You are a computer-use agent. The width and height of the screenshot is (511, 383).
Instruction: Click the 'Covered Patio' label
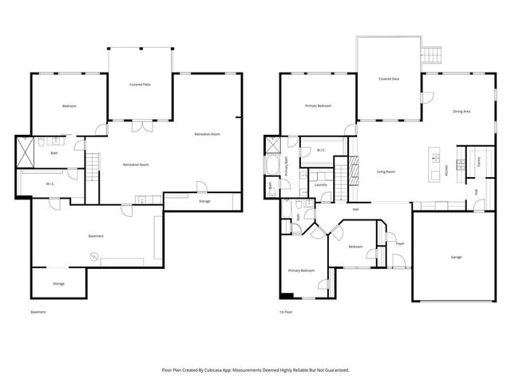pos(141,84)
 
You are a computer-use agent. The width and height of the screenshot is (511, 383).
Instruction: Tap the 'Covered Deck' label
pos(389,79)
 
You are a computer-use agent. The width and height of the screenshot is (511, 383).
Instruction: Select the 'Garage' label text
pos(456,257)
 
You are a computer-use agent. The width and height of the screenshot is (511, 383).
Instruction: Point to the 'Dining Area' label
pos(461,112)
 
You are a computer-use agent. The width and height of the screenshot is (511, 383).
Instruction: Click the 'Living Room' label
pos(386,172)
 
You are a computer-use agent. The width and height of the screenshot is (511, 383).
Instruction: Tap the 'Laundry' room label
pos(321,184)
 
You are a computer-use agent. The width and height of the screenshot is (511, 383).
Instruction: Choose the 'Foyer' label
pos(400,243)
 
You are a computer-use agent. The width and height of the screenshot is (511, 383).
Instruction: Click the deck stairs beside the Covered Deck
pos(432,54)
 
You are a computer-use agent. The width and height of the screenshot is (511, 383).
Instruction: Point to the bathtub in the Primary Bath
pos(275,166)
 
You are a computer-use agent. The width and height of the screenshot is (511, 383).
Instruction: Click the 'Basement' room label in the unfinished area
pos(95,236)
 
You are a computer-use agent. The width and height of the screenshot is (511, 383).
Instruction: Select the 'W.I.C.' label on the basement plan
pos(50,184)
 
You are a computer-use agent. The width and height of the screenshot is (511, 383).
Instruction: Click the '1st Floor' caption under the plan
pos(286,312)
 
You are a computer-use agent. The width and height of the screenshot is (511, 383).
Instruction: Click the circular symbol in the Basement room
pos(92,257)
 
